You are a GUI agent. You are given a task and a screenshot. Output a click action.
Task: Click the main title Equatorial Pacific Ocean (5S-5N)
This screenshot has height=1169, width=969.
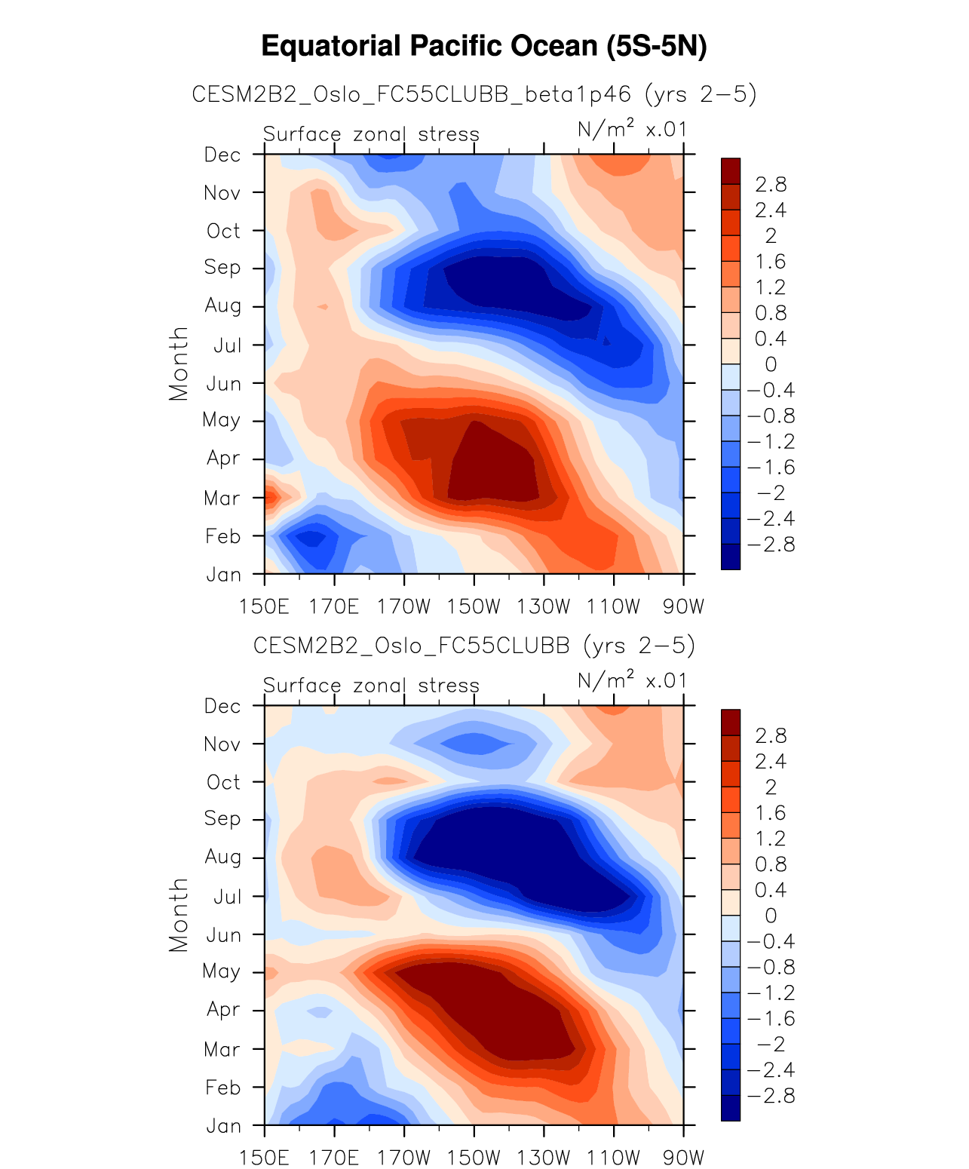(x=483, y=47)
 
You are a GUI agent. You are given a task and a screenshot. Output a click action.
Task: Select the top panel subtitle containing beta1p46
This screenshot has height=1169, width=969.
(x=474, y=94)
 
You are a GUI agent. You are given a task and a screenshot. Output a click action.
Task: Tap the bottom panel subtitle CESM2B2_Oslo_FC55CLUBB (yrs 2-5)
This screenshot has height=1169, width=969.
(x=474, y=646)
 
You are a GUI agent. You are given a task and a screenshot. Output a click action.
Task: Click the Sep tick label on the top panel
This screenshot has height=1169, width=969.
(x=222, y=268)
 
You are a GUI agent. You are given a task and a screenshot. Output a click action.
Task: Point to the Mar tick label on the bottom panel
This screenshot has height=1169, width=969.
(x=222, y=1049)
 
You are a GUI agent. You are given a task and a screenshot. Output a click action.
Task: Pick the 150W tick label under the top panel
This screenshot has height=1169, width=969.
(x=474, y=606)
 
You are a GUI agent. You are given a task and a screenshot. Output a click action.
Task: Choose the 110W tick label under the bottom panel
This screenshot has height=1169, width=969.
(x=614, y=1158)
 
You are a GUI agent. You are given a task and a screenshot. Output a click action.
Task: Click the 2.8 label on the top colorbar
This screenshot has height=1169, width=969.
(x=771, y=184)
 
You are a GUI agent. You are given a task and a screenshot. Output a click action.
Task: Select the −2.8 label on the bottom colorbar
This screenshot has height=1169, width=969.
(x=771, y=1096)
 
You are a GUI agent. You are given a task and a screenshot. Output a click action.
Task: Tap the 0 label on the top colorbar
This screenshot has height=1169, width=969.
(x=771, y=364)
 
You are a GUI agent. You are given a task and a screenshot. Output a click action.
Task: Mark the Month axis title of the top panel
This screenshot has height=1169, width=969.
(x=179, y=364)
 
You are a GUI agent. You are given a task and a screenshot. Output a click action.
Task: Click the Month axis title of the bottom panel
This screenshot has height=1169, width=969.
(x=179, y=915)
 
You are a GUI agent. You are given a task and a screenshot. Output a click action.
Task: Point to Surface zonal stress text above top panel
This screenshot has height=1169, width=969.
(x=371, y=134)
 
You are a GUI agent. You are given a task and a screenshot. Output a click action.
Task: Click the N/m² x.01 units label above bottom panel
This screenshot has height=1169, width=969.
(x=632, y=681)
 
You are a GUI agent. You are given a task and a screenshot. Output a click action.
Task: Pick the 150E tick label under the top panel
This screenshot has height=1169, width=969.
(x=264, y=606)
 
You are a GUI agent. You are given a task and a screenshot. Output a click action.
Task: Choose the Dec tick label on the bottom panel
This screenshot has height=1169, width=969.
(x=222, y=706)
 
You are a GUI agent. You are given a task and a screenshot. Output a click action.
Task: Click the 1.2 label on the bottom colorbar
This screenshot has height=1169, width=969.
(x=771, y=839)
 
